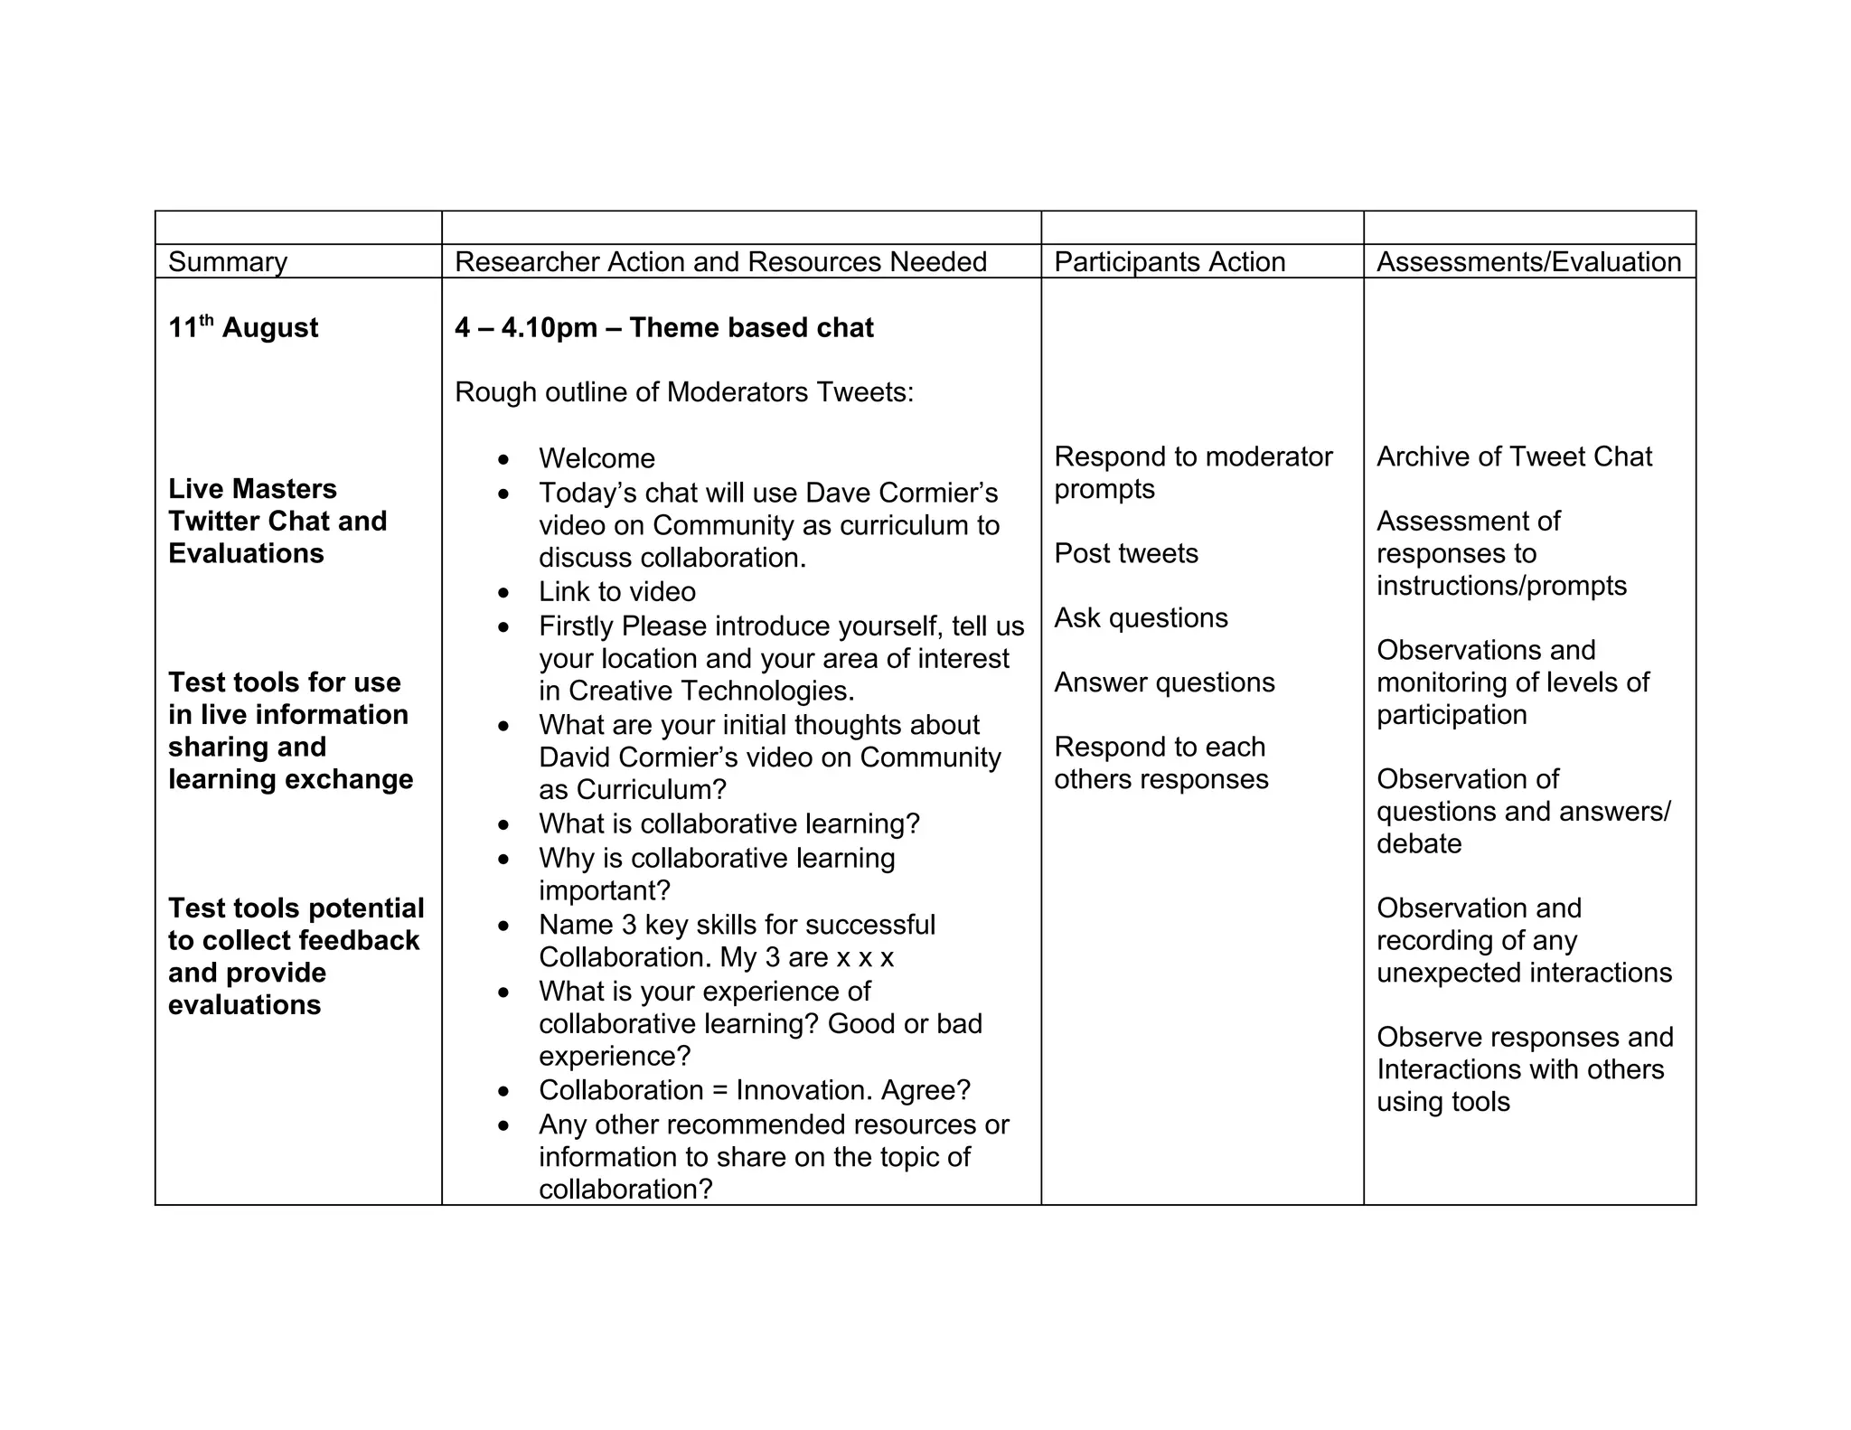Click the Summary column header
pyautogui.click(x=228, y=262)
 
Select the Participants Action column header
pyautogui.click(x=1170, y=262)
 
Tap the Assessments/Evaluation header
pyautogui.click(x=1528, y=262)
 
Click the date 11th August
pyautogui.click(x=243, y=327)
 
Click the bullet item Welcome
pyautogui.click(x=597, y=458)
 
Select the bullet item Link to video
pyautogui.click(x=617, y=592)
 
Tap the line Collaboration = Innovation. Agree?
pyautogui.click(x=754, y=1090)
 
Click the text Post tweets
pyautogui.click(x=1126, y=553)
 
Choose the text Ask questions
pyautogui.click(x=1141, y=618)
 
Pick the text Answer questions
pyautogui.click(x=1164, y=682)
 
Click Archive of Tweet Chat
pyautogui.click(x=1514, y=456)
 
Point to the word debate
pyautogui.click(x=1419, y=844)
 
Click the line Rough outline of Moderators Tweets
pyautogui.click(x=684, y=392)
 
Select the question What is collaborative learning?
pyautogui.click(x=728, y=824)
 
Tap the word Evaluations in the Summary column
pyautogui.click(x=246, y=553)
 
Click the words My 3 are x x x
pyautogui.click(x=806, y=957)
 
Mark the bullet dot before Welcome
pyautogui.click(x=503, y=459)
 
